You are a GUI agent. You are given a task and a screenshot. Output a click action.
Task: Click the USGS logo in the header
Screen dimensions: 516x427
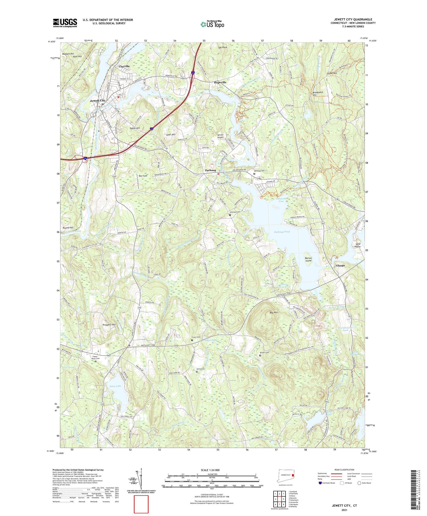click(65, 23)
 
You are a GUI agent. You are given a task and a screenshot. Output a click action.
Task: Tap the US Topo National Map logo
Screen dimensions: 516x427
click(212, 24)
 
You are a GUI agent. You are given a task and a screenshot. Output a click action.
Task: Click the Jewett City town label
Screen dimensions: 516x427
click(98, 101)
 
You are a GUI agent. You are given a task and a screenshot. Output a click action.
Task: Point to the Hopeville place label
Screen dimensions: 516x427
click(220, 82)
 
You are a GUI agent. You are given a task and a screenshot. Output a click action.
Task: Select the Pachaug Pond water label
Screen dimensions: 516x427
click(282, 232)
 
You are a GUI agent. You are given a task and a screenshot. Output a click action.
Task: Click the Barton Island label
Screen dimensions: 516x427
click(308, 259)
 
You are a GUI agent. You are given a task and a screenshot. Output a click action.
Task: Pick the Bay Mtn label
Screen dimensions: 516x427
click(274, 313)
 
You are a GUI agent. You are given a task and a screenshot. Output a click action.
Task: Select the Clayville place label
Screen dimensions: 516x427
click(124, 66)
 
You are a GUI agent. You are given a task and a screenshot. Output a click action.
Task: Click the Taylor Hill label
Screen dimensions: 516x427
click(135, 128)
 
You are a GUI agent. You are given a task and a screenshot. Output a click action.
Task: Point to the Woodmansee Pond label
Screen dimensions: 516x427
click(345, 329)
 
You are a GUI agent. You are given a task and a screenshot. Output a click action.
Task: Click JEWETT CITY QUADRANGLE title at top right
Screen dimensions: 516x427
click(353, 19)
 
